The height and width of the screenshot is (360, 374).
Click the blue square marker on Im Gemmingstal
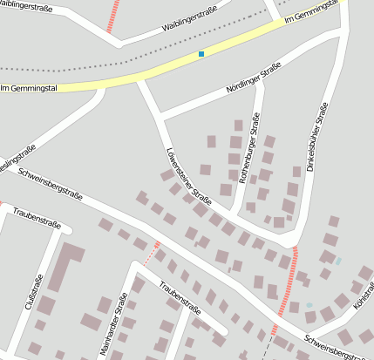201,55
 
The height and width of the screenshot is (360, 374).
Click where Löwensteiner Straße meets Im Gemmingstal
139,79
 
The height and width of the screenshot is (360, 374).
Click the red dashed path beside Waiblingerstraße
112,17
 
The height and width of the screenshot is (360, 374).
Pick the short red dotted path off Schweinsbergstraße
152,253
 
